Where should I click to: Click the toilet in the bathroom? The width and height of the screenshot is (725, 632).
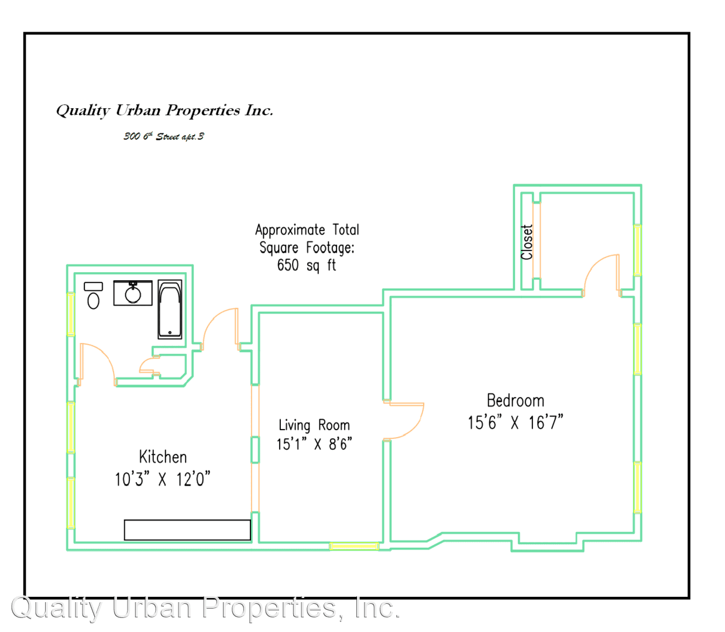pos(93,296)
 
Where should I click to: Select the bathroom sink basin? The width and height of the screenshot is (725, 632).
pos(133,294)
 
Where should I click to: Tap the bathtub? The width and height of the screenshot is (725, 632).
pos(170,309)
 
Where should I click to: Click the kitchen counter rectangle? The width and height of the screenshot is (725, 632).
pos(187,530)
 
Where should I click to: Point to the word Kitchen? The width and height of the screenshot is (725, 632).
pos(163,457)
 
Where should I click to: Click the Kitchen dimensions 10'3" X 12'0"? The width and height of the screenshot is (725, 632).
pos(162,479)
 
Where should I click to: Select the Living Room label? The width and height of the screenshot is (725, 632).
pos(314,425)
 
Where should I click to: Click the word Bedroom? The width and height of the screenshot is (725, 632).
pos(516,401)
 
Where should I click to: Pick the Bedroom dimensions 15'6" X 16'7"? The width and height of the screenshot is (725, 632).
pos(516,423)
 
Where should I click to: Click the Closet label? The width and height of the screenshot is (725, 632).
pos(527,242)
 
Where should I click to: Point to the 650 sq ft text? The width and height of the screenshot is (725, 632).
pos(307,265)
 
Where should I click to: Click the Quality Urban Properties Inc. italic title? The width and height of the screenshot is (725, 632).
pos(165,111)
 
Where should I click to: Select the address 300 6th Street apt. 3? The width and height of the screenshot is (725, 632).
pos(163,136)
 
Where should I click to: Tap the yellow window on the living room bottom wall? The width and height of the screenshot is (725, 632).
pos(354,546)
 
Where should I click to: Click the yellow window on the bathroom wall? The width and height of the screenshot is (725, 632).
pos(71,314)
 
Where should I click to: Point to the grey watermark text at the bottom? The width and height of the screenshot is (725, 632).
pos(205,608)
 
